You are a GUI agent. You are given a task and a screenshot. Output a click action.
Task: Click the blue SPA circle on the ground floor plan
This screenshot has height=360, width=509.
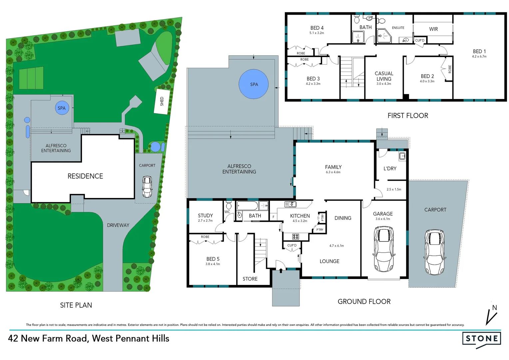(x=254, y=84)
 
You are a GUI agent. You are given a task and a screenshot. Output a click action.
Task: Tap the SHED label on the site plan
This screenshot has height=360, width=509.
(x=162, y=101)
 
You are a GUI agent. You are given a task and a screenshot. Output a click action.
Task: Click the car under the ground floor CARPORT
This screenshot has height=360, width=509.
(x=434, y=252)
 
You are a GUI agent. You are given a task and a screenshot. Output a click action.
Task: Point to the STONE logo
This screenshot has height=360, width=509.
(x=482, y=339)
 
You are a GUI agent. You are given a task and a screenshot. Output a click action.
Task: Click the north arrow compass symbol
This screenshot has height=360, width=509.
(x=491, y=315)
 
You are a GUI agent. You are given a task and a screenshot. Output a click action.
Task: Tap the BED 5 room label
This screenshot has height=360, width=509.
(x=213, y=259)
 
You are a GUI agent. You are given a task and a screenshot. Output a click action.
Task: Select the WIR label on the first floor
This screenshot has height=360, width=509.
(x=433, y=29)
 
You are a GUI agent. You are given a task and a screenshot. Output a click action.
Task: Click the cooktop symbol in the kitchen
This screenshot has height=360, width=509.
(x=295, y=237)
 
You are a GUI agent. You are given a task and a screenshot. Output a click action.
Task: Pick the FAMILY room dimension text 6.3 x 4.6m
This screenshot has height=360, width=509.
(x=333, y=172)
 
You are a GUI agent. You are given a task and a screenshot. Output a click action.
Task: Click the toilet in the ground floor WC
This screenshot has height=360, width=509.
(x=229, y=205)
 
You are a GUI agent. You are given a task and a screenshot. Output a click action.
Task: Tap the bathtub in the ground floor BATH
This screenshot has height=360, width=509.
(x=247, y=206)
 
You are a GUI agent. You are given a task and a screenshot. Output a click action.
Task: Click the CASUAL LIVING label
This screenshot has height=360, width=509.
(x=384, y=76)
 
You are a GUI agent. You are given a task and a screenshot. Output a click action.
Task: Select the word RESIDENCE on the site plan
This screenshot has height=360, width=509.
(x=85, y=176)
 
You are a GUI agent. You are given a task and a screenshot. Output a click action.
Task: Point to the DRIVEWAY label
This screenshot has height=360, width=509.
(x=118, y=225)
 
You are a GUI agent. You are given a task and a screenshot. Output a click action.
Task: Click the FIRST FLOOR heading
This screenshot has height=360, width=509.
(x=408, y=116)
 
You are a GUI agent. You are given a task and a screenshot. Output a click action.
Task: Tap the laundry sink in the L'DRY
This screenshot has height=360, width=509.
(x=402, y=156)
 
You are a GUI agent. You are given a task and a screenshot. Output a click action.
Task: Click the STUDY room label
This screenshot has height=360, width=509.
(x=205, y=216)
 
